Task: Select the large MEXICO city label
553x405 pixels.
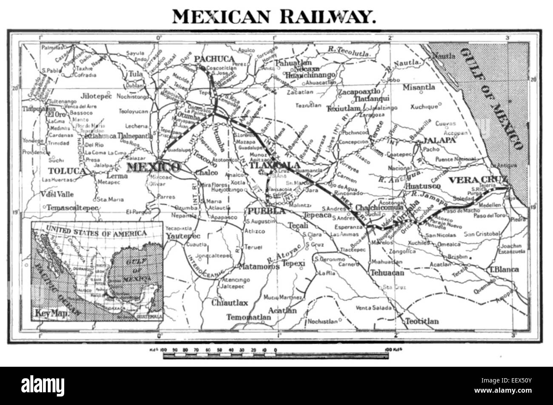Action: point(153,167)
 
